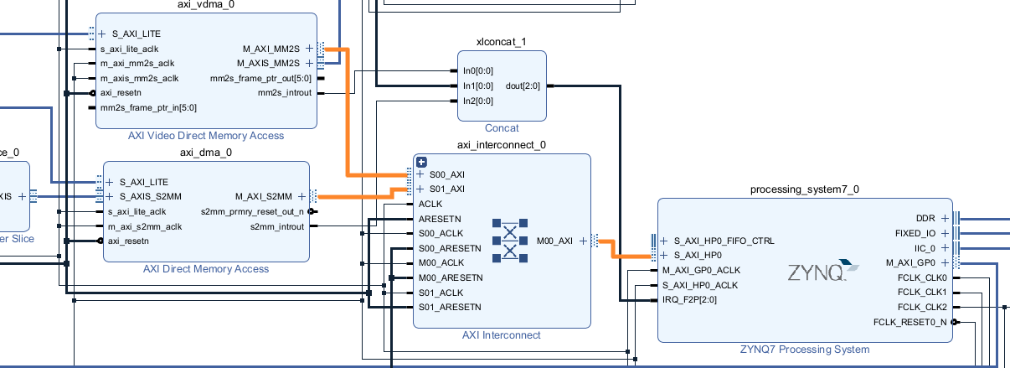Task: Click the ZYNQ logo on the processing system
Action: [x=823, y=271]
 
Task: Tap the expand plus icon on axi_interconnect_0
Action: [x=421, y=162]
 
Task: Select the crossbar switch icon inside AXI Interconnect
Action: [x=510, y=241]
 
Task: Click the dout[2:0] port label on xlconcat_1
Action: [x=523, y=86]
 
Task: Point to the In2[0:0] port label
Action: [x=478, y=101]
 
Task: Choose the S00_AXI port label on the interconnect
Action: [x=447, y=174]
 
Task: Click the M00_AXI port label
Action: [x=554, y=241]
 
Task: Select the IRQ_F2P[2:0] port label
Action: [x=689, y=299]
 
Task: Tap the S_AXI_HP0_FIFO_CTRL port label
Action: [x=724, y=241]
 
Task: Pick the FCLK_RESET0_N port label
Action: [x=910, y=322]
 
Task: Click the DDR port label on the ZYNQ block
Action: [x=925, y=218]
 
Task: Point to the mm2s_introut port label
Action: [x=285, y=92]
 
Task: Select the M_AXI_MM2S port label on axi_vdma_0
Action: [x=271, y=49]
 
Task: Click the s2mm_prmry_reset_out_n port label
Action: [x=252, y=212]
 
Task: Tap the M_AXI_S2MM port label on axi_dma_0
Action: [x=263, y=196]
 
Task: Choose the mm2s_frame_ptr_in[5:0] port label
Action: [x=148, y=107]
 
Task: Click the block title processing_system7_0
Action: [x=804, y=189]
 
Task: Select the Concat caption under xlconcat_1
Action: [x=502, y=127]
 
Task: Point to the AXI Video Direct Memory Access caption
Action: [x=206, y=136]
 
